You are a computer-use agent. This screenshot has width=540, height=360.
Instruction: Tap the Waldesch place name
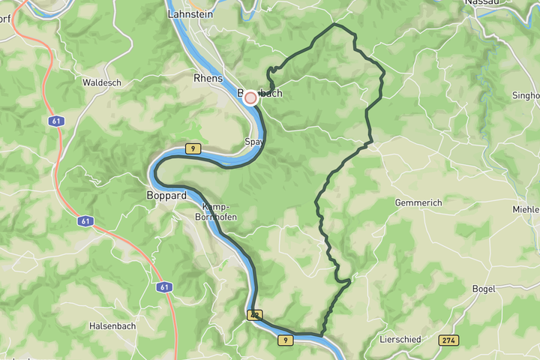click(x=101, y=82)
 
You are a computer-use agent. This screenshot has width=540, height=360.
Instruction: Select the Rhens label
click(x=208, y=78)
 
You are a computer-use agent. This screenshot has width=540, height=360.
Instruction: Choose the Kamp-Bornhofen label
click(x=217, y=211)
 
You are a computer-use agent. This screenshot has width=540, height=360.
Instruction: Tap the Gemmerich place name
click(x=418, y=203)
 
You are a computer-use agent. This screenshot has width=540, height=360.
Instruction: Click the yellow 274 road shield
click(x=448, y=340)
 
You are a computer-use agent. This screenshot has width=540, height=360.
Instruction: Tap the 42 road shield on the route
click(x=255, y=316)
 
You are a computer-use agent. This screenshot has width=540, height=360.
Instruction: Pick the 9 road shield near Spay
click(x=194, y=149)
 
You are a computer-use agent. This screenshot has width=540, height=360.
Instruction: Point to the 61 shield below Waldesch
click(x=58, y=121)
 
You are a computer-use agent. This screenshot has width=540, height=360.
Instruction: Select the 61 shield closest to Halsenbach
click(x=164, y=287)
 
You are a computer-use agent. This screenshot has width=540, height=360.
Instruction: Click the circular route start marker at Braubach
click(x=250, y=97)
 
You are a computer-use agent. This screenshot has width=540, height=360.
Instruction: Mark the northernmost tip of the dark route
click(x=334, y=25)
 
